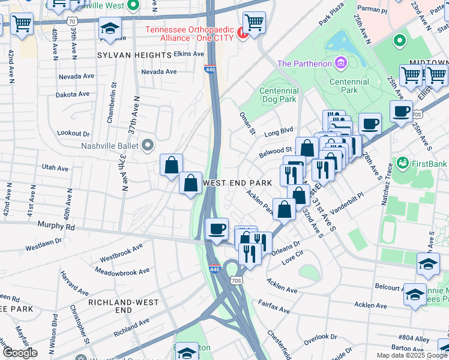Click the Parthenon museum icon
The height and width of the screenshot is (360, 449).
pos(341,63)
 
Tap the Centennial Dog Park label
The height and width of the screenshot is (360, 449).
pos(279,95)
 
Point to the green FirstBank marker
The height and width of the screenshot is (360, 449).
pos(402,163)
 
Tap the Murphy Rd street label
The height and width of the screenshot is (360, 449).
pos(55,227)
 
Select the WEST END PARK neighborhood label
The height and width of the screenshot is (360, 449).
pos(238,182)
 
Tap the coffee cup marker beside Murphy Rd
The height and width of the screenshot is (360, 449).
pos(216,228)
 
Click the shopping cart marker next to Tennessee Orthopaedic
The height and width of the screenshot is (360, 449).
pos(255,22)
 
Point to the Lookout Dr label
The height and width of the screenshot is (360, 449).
pos(73,133)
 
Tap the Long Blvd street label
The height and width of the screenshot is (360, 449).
pos(279,130)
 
